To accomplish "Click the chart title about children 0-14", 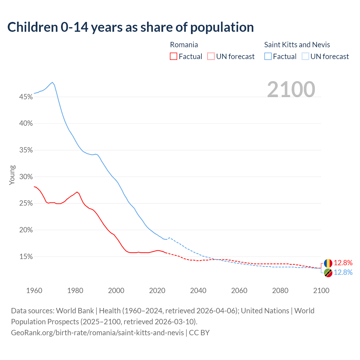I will (130, 27).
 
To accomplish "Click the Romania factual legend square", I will (174, 57).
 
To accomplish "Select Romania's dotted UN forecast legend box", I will (211, 57).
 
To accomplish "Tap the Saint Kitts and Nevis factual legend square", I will (268, 57).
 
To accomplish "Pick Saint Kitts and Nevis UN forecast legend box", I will (305, 57).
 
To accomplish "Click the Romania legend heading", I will (184, 45).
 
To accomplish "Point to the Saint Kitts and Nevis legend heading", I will (297, 45).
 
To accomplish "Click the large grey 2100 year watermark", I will (291, 89).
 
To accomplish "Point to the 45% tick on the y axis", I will (26, 97).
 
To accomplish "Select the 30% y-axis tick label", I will (26, 177).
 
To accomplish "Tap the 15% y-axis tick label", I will (26, 257).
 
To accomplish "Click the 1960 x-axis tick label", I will (34, 291).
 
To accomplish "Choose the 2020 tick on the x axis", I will (157, 291).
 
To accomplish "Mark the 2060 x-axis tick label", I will (239, 291).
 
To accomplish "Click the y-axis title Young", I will (12, 175).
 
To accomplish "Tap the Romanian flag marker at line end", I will (328, 263).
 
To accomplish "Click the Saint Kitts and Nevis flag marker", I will (328, 273).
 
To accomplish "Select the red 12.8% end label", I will (343, 263).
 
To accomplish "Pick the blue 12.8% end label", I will (343, 272).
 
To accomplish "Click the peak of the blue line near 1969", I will (52, 82).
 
